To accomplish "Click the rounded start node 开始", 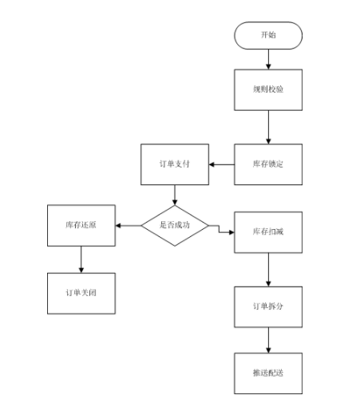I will tap(268, 35).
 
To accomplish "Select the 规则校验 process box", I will tap(268, 89).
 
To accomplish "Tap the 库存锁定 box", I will tap(268, 164).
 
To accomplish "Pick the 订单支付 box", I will tap(174, 164).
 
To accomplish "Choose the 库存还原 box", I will tap(81, 226).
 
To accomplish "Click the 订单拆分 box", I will tap(268, 306).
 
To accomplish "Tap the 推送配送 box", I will tap(268, 373).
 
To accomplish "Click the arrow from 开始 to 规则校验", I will tap(268, 57).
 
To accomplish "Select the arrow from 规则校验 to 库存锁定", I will tap(268, 126).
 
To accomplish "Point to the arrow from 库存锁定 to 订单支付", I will tap(221, 164).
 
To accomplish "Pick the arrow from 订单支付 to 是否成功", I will tap(174, 194).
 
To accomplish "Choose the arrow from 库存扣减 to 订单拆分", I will tap(268, 269).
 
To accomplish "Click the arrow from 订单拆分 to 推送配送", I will tap(268, 340).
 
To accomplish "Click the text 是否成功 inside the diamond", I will tap(175, 226).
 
